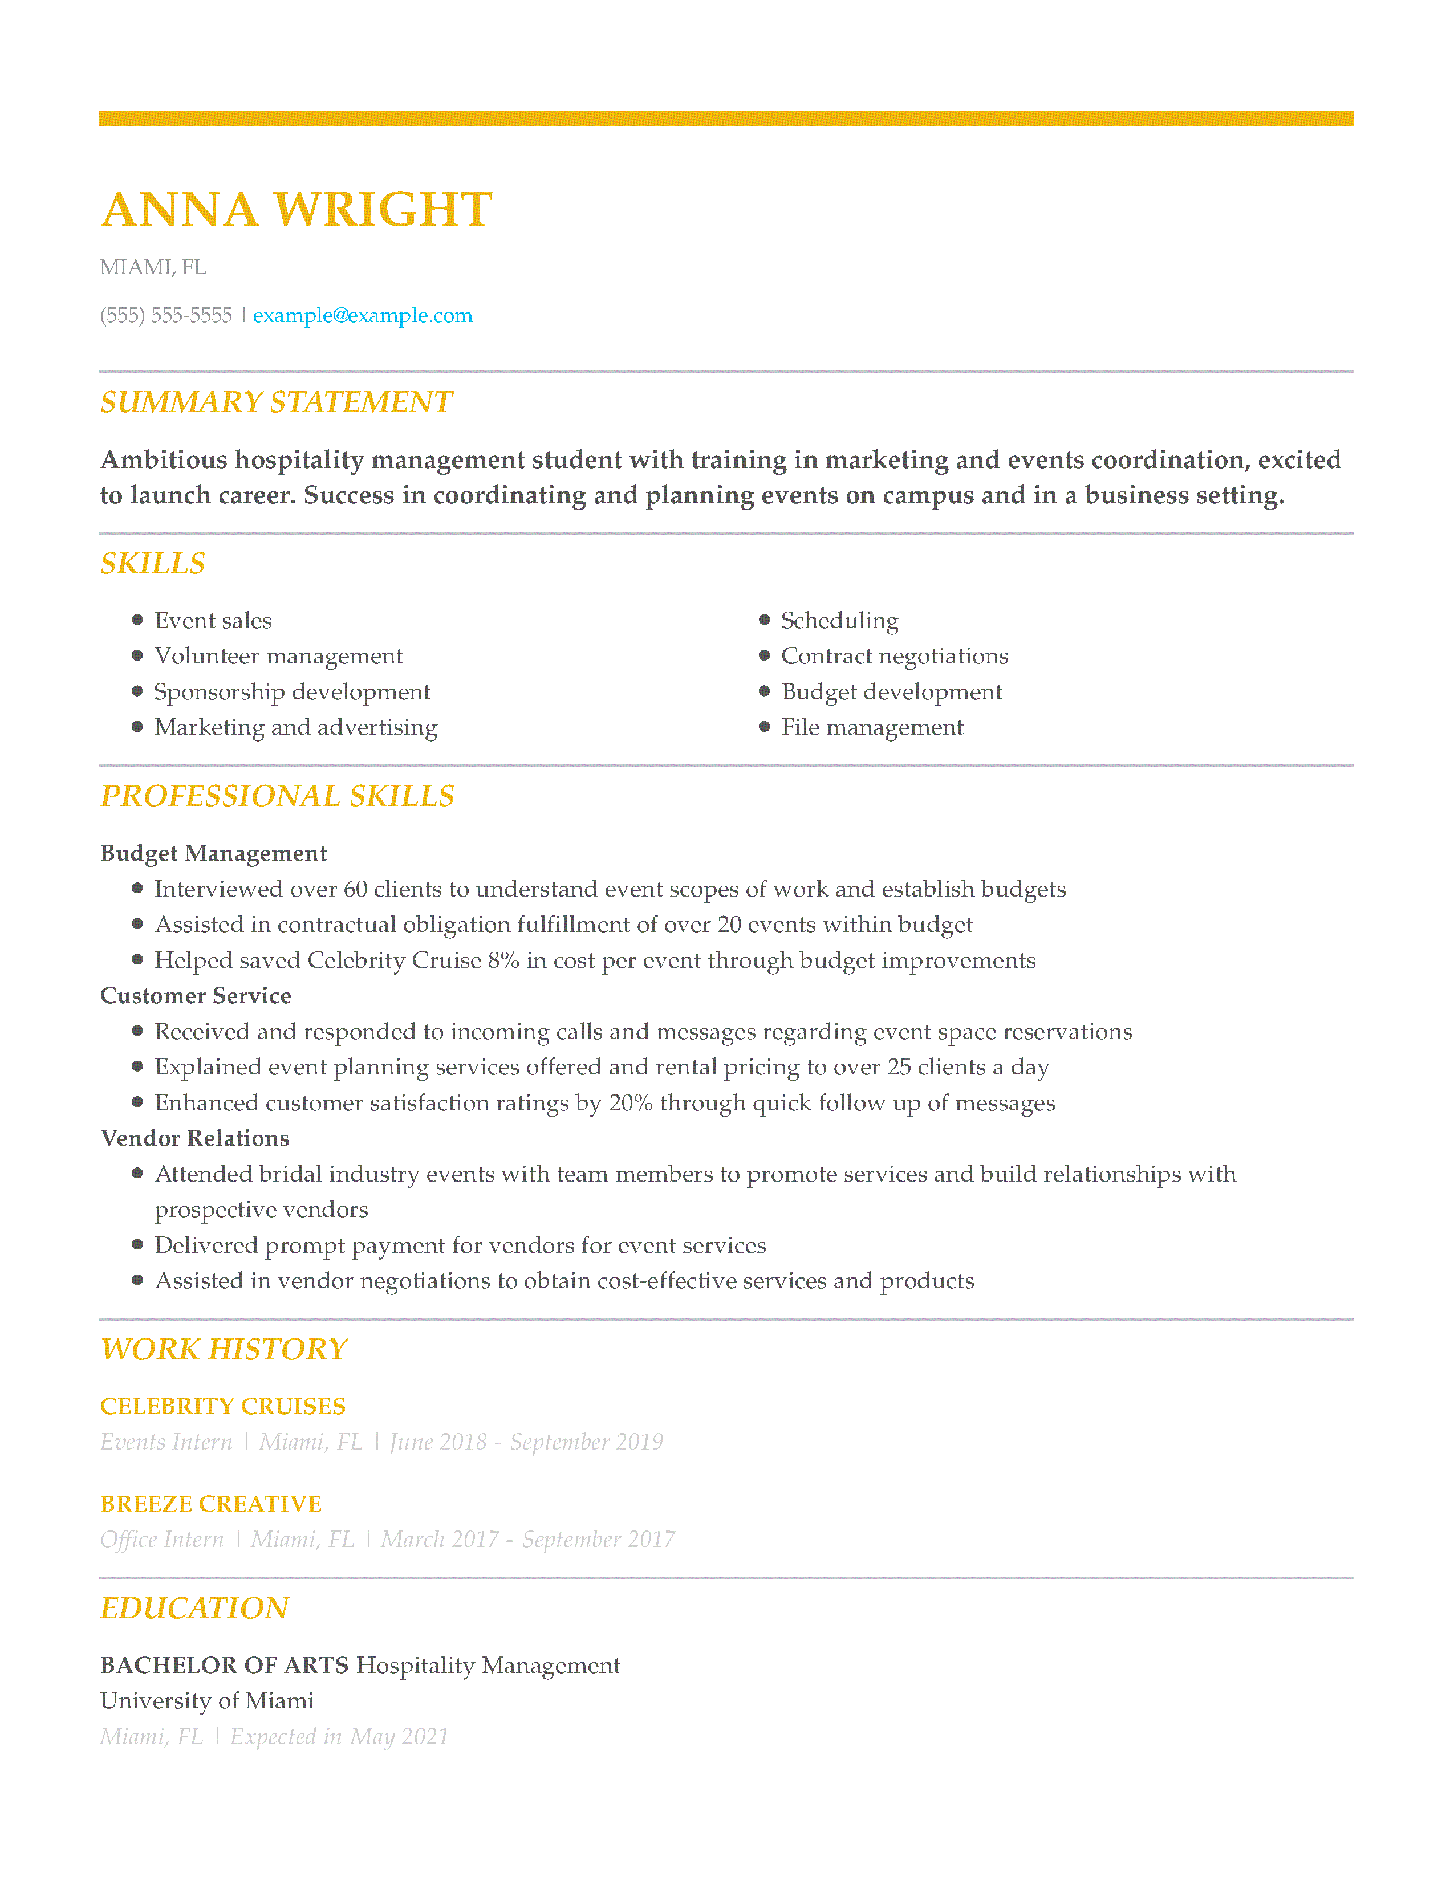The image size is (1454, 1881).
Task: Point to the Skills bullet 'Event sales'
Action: (x=213, y=620)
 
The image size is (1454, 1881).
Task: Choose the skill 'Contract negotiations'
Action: (x=894, y=656)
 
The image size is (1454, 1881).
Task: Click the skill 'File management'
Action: (x=872, y=728)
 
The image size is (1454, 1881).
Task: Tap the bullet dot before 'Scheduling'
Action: (x=764, y=620)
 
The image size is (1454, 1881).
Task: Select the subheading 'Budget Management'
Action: (x=214, y=853)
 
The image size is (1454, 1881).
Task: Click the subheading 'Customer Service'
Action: (x=196, y=996)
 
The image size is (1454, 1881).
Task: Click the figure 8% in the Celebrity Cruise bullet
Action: (x=503, y=960)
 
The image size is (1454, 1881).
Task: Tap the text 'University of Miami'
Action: (x=207, y=1701)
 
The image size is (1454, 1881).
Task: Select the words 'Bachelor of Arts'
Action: (x=224, y=1665)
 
